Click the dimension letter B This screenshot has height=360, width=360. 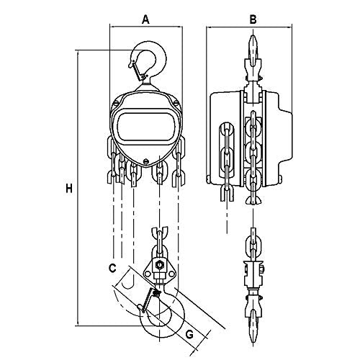[x=252, y=19]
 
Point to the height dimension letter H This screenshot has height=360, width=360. [x=68, y=189]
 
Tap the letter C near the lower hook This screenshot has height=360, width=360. [x=112, y=268]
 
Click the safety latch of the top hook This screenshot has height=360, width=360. [x=135, y=66]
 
